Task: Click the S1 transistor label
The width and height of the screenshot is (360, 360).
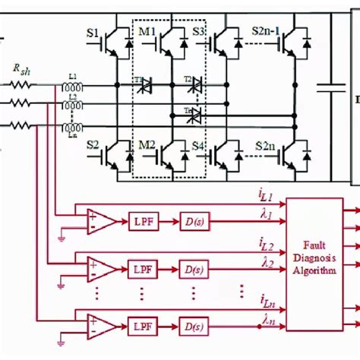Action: (93, 34)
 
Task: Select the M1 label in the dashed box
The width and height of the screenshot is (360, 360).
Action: (146, 34)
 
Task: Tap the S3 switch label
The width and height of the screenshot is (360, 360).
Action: (199, 34)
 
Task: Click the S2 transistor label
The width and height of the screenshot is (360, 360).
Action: (93, 144)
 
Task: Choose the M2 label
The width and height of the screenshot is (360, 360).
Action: (146, 144)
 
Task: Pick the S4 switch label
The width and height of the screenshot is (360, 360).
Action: (199, 144)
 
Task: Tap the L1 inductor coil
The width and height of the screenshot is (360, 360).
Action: (74, 84)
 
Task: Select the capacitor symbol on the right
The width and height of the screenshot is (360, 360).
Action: (330, 88)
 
